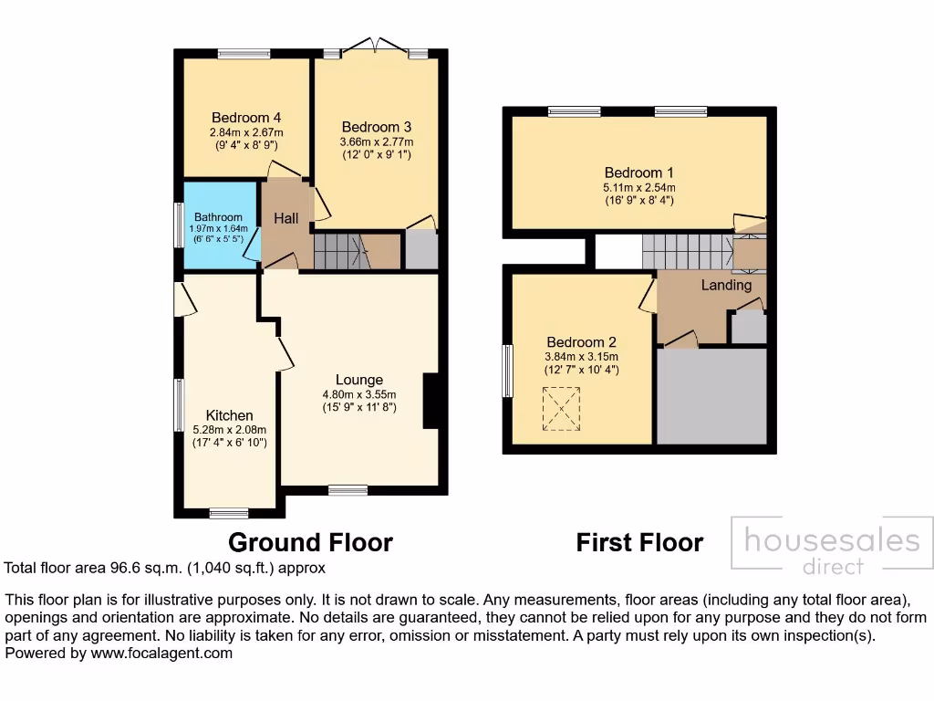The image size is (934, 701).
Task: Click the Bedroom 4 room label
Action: pos(246,118)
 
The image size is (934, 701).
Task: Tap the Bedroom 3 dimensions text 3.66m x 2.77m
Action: pos(377,141)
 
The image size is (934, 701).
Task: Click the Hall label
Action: pos(286,218)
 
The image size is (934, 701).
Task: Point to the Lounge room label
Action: pos(358,380)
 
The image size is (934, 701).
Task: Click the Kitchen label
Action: pos(229,415)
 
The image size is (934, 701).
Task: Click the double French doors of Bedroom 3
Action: pos(377,46)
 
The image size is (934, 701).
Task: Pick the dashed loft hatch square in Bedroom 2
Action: pos(561,408)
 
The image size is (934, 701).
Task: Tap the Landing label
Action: pos(726,285)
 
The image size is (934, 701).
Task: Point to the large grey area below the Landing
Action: pos(711,394)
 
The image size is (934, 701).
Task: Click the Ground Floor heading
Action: pos(310,542)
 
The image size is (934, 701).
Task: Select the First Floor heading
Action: pos(639,542)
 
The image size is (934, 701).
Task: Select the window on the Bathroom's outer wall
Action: pos(179,224)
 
